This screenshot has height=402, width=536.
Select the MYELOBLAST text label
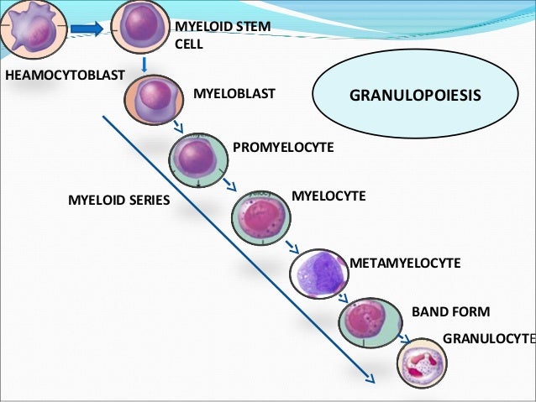pyautogui.click(x=234, y=94)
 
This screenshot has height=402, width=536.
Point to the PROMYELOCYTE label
pyautogui.click(x=283, y=148)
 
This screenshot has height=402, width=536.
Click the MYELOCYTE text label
pyautogui.click(x=328, y=196)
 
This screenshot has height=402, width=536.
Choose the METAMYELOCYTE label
pyautogui.click(x=405, y=263)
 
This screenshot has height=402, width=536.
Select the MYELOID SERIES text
pyautogui.click(x=118, y=201)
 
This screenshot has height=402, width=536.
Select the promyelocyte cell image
pyautogui.click(x=198, y=156)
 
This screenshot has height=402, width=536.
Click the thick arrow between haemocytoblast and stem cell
pyautogui.click(x=87, y=29)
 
